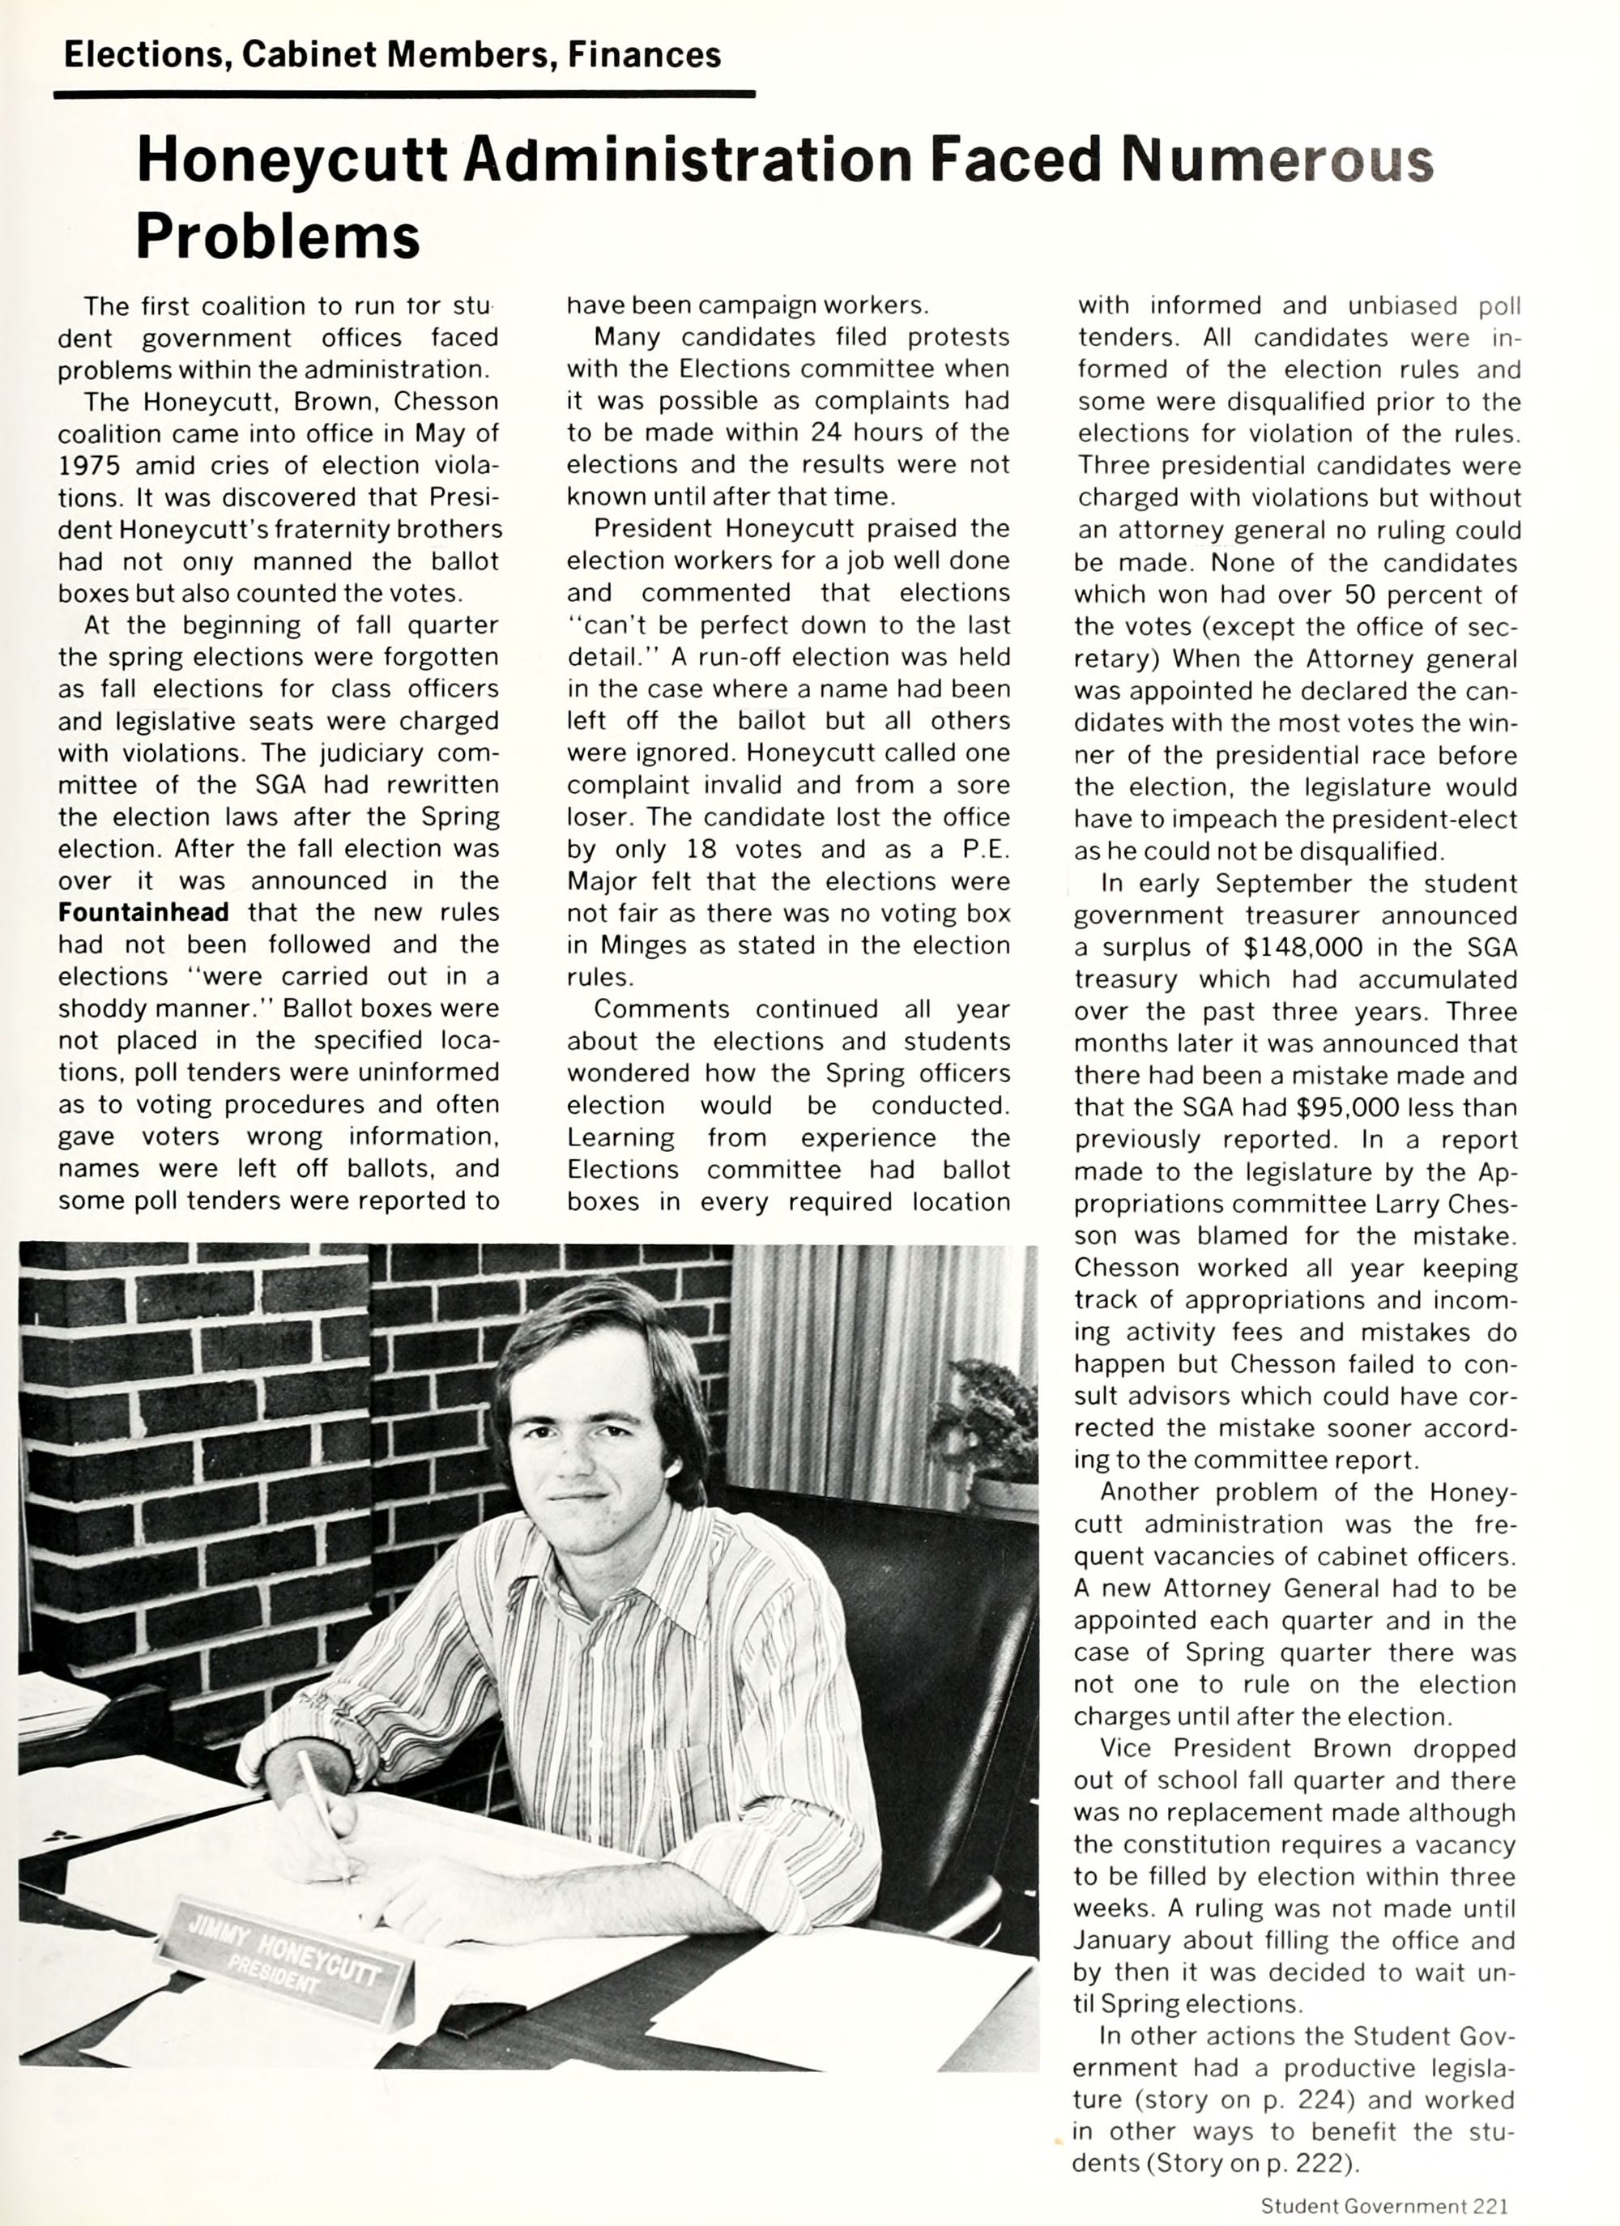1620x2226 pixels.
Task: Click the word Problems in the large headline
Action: (x=278, y=236)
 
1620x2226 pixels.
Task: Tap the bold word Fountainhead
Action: (x=143, y=913)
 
